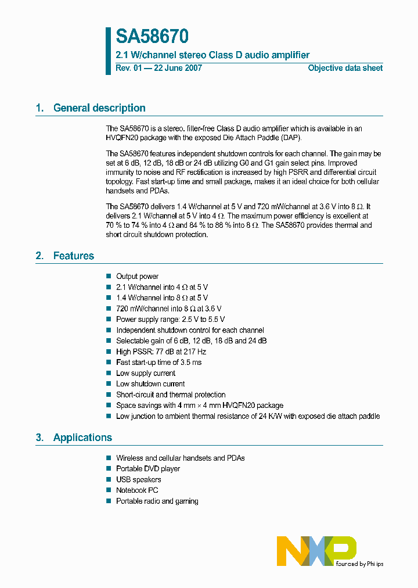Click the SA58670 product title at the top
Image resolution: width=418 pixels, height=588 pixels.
(x=152, y=37)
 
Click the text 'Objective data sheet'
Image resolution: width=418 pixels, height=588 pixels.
(x=345, y=68)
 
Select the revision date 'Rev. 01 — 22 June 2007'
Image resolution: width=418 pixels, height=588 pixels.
(x=159, y=68)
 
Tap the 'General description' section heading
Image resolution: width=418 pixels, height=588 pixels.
(x=99, y=108)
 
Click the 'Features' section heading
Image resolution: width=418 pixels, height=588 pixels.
(x=74, y=256)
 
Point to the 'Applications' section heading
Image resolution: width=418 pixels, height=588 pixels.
(x=82, y=438)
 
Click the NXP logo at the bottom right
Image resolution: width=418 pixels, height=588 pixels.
(x=316, y=551)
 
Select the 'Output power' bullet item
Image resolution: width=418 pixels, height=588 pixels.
(x=137, y=277)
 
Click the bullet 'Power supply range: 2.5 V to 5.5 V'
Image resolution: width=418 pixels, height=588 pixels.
(x=170, y=319)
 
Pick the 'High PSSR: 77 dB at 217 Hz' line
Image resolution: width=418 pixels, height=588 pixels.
(x=161, y=352)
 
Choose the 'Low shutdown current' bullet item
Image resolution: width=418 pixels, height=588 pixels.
(x=150, y=384)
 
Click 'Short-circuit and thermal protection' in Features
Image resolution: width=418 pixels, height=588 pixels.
(x=171, y=395)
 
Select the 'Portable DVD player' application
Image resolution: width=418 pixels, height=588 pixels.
(x=148, y=469)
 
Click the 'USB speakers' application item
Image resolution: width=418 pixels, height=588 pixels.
(x=138, y=479)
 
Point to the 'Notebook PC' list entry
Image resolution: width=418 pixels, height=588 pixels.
(x=137, y=490)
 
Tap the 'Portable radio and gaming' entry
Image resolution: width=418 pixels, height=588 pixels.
(x=157, y=501)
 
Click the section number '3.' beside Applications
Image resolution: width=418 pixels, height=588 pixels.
(x=39, y=438)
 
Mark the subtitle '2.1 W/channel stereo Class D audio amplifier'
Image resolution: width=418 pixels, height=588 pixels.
(x=212, y=55)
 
